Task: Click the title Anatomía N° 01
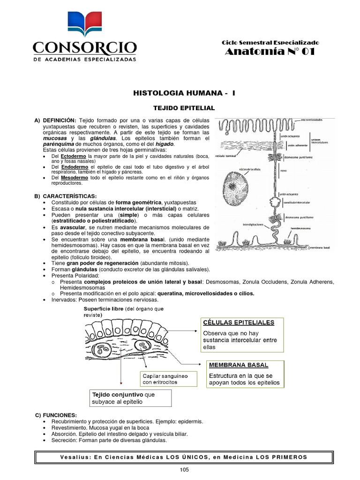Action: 270,52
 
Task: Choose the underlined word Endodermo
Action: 72,167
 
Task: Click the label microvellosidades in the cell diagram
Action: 312,120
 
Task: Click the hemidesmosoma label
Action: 301,228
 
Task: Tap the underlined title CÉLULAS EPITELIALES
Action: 238,322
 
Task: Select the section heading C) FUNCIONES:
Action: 56,415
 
